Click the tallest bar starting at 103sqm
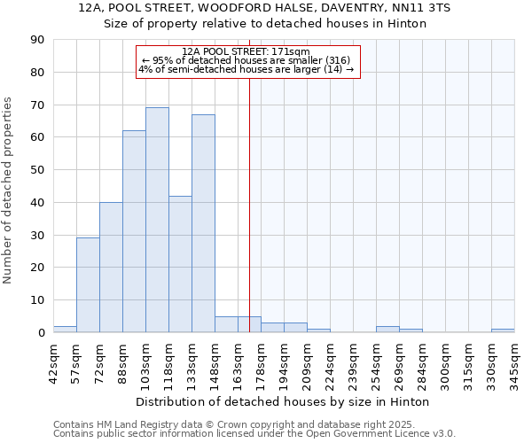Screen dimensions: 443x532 coord(157,220)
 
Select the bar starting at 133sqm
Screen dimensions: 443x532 coord(203,223)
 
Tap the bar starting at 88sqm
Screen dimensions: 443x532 coord(134,231)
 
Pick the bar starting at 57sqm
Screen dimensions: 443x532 coord(88,285)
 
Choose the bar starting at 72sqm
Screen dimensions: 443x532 coord(111,268)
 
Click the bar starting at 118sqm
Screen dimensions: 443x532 coord(180,264)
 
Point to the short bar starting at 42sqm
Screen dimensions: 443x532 coord(65,329)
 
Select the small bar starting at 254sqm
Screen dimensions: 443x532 coord(387,329)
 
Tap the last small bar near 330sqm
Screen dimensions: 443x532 coord(503,330)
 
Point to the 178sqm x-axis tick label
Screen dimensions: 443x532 coord(261,361)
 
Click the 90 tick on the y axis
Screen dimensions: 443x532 coord(37,40)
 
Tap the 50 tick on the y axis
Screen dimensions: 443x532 coord(37,170)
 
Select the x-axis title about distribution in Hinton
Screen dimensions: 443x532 coord(284,401)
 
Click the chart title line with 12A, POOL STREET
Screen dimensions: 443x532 coord(265,8)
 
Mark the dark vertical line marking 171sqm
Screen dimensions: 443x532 coord(249,204)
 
